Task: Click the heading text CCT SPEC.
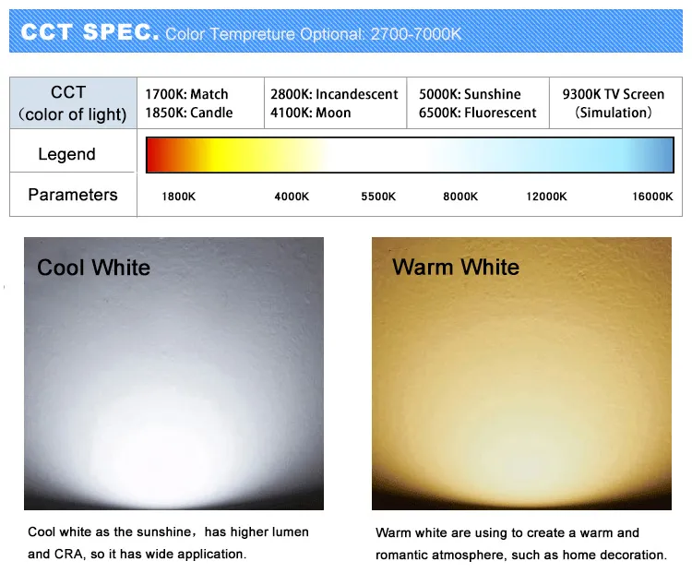(x=89, y=33)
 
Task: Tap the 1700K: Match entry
(x=186, y=94)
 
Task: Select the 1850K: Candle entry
(x=189, y=113)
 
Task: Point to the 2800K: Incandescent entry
(x=334, y=94)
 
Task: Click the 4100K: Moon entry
(x=311, y=113)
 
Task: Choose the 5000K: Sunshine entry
(x=470, y=94)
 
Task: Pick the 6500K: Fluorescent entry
(x=477, y=113)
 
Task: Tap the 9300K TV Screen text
(x=613, y=94)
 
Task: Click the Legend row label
(x=66, y=154)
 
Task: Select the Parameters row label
(x=73, y=195)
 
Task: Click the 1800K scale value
(x=178, y=197)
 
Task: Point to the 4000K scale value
(x=292, y=197)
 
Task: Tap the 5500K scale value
(x=378, y=197)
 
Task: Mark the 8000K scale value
(x=460, y=197)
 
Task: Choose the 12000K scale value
(x=546, y=197)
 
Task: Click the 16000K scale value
(x=652, y=197)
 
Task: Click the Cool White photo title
(x=93, y=268)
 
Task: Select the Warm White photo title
(x=456, y=268)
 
